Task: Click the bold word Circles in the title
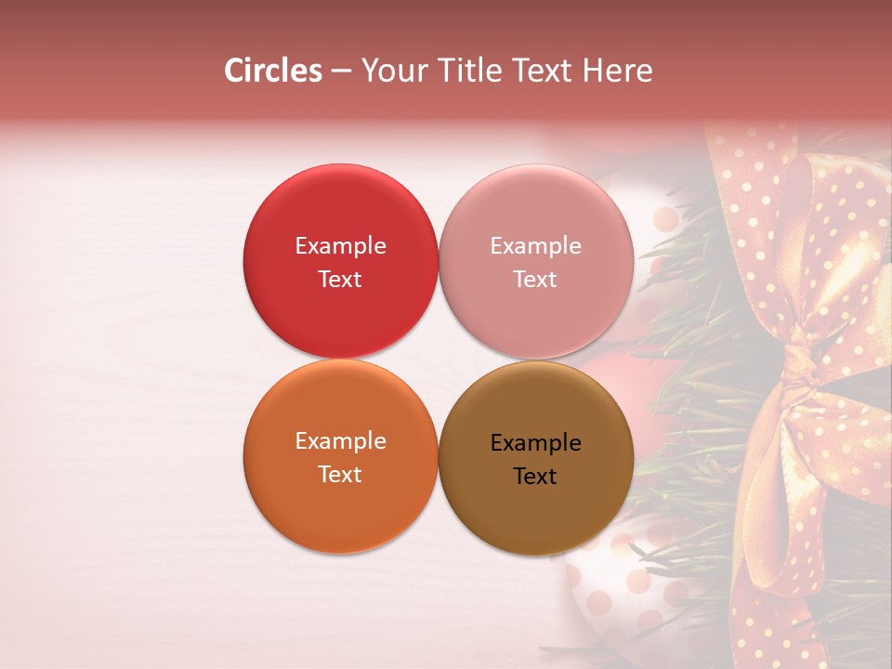coord(272,71)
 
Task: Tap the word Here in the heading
coord(618,71)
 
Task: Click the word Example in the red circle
coord(340,246)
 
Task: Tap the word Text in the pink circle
coord(535,280)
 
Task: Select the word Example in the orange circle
coord(340,441)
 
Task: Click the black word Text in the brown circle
coord(535,477)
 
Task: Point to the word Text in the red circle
coord(340,280)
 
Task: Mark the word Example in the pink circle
coord(535,246)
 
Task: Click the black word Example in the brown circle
coord(535,443)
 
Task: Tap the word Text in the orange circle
coord(340,475)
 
